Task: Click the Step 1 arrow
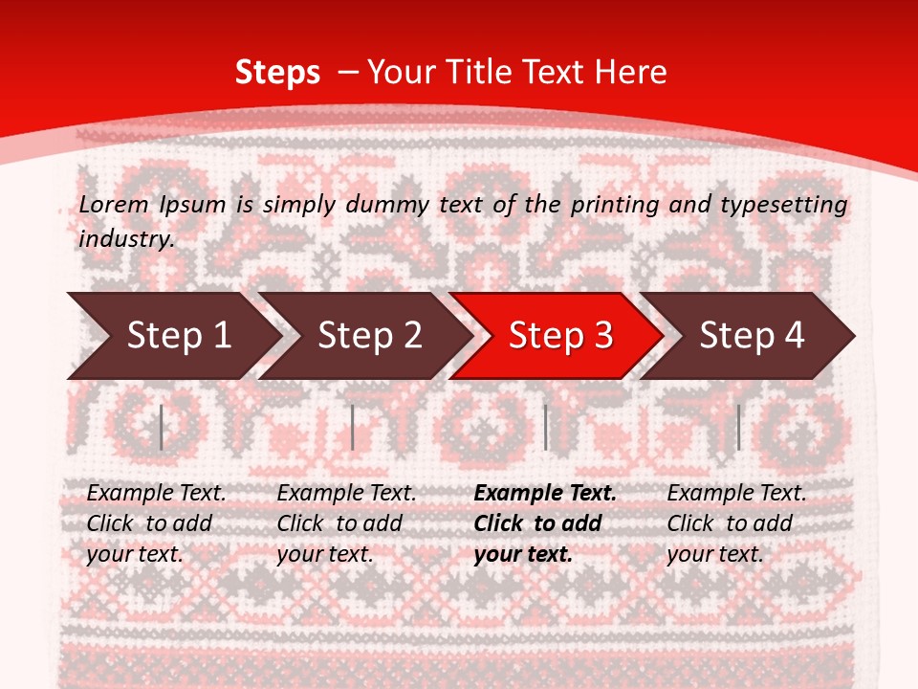tap(178, 335)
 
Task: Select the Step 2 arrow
tap(369, 335)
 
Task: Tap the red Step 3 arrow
tap(560, 335)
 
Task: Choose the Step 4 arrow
tap(752, 335)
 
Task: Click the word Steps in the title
tap(277, 72)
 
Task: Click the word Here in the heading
tap(630, 72)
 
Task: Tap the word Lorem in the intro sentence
tap(114, 204)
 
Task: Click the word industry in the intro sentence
tap(126, 238)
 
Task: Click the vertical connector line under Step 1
tap(162, 427)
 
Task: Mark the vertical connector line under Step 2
tap(353, 427)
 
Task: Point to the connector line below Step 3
tap(546, 427)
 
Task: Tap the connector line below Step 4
tap(738, 427)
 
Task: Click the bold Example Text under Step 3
tap(545, 493)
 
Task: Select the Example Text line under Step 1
tap(156, 493)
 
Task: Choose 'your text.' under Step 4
tap(714, 554)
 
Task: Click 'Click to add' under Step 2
tap(339, 523)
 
